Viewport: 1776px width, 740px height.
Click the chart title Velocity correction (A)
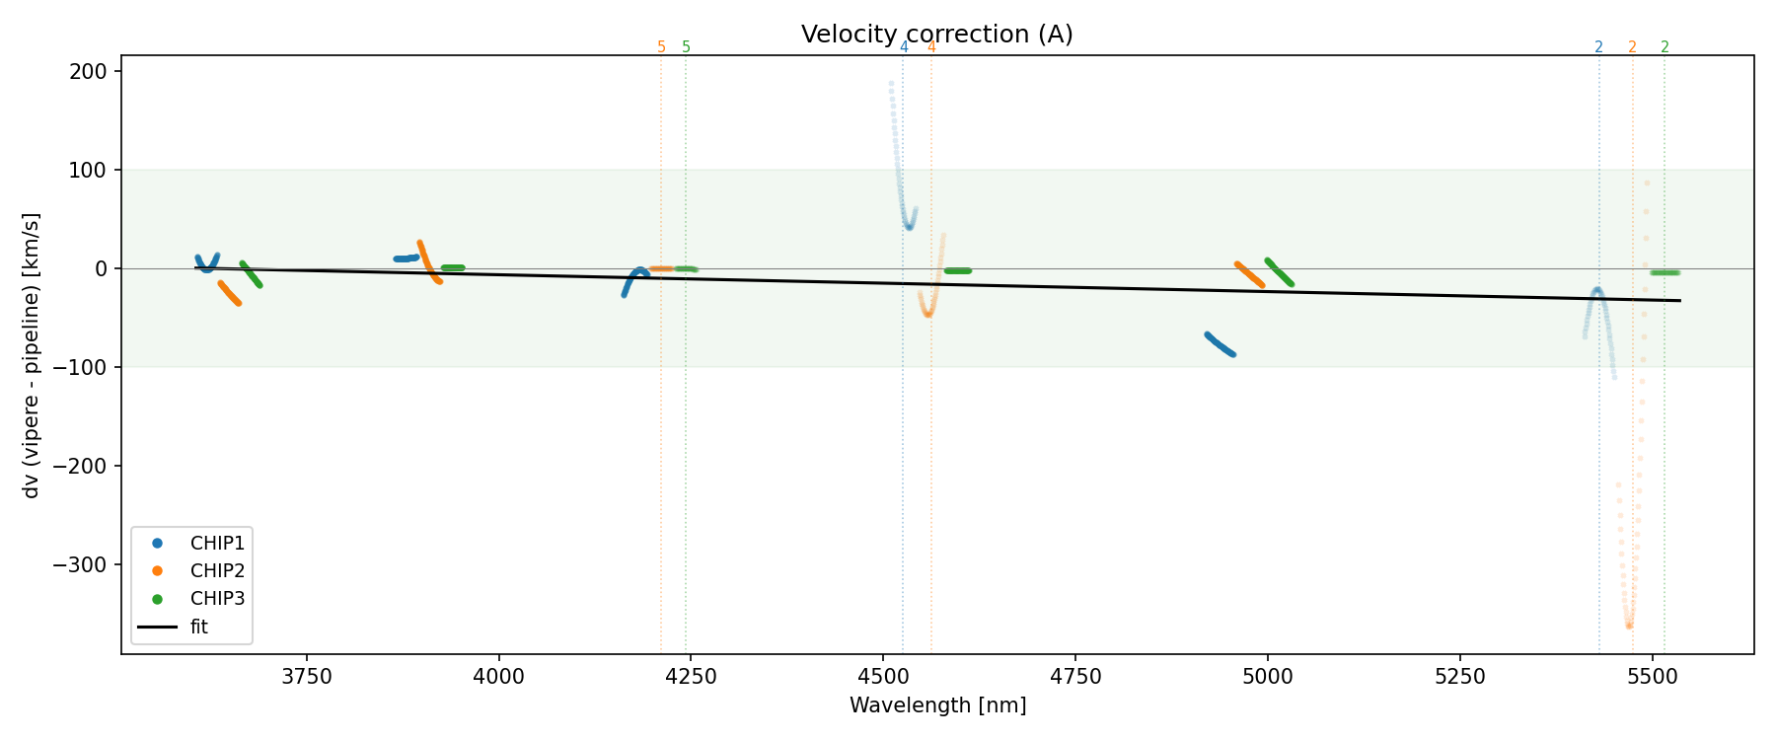pyautogui.click(x=936, y=35)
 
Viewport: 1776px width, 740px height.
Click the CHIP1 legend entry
pyautogui.click(x=217, y=543)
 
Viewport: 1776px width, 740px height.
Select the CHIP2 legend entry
pyautogui.click(x=217, y=570)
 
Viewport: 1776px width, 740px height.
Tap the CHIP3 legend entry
pyautogui.click(x=217, y=598)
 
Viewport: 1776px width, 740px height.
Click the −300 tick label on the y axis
pyautogui.click(x=87, y=564)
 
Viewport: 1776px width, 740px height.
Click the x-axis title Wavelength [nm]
pyautogui.click(x=937, y=705)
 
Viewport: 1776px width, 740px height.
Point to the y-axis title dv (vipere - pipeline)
pyautogui.click(x=32, y=355)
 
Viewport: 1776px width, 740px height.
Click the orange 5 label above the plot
pyautogui.click(x=661, y=47)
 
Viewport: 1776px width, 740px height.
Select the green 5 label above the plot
pyautogui.click(x=687, y=47)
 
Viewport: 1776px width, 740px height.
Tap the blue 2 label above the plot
pyautogui.click(x=1598, y=47)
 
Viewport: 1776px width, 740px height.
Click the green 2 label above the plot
pyautogui.click(x=1665, y=47)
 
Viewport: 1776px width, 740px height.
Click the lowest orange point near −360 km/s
pyautogui.click(x=1629, y=626)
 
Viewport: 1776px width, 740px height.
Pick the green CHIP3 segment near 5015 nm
pyautogui.click(x=1279, y=272)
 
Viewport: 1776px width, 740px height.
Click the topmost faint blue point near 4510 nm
pyautogui.click(x=891, y=84)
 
